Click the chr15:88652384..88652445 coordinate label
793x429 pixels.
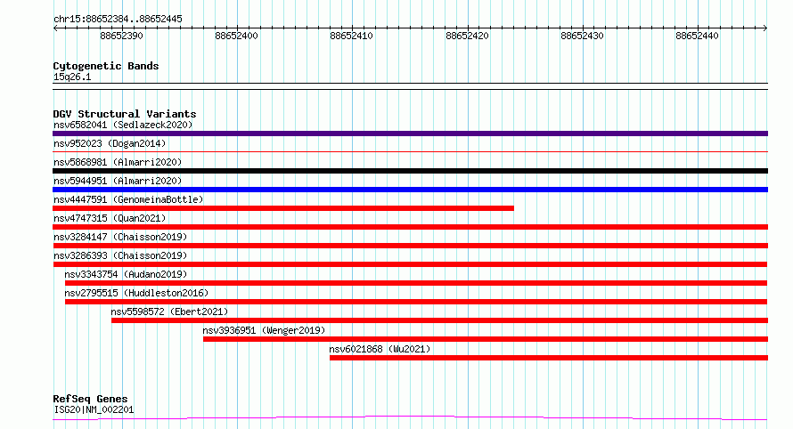118,20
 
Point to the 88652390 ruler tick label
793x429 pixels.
121,36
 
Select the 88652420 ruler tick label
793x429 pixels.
467,36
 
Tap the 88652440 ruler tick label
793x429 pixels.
697,36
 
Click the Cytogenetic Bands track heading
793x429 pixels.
106,66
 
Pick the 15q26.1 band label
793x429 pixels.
72,77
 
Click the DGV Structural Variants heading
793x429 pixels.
125,114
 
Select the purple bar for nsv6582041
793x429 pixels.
410,134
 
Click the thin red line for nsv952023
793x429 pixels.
410,151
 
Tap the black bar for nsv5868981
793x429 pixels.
410,171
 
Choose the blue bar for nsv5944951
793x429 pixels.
410,190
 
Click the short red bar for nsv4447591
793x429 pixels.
283,208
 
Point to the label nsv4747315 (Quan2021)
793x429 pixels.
110,218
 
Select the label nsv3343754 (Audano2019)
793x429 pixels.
126,274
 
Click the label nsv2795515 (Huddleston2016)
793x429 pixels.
136,293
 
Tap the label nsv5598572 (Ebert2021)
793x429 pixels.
169,312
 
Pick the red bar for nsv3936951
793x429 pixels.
486,339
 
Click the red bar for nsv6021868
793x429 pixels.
549,358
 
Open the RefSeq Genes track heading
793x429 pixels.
91,399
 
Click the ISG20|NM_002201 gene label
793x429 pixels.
94,409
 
